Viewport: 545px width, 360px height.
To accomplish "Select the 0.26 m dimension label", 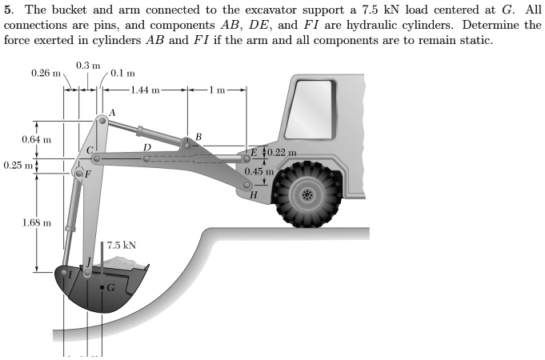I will (46, 73).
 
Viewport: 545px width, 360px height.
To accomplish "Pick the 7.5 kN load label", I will (120, 246).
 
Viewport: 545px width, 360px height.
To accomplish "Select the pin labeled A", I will (102, 121).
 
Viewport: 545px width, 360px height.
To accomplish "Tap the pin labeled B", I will (187, 143).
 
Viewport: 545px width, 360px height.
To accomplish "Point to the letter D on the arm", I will (146, 147).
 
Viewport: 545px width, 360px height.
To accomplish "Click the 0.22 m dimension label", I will (281, 152).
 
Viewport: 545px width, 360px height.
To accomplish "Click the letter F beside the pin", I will (88, 174).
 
